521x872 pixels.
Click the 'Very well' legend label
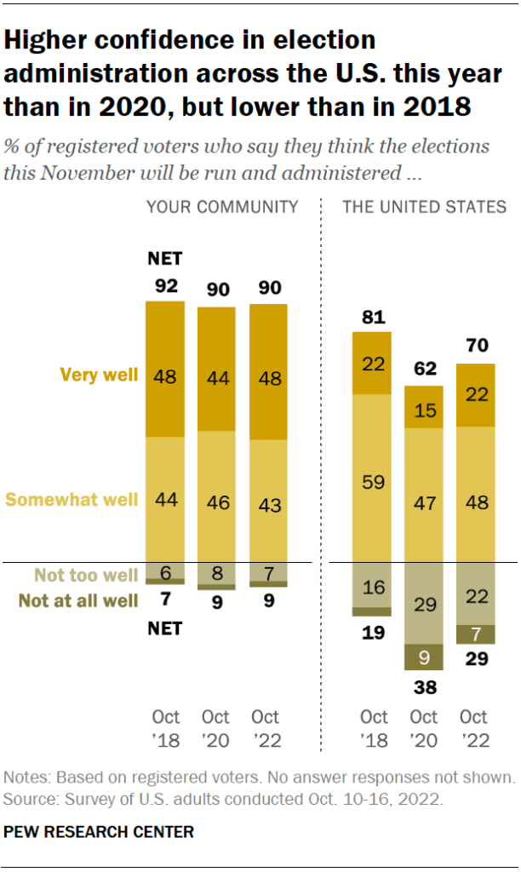pos(99,375)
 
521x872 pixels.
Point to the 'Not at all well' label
pos(78,601)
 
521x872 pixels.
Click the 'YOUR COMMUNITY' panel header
pos(222,207)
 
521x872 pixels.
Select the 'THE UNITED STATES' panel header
pos(423,207)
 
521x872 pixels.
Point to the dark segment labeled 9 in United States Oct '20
pos(423,657)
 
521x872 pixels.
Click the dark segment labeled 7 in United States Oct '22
pos(475,634)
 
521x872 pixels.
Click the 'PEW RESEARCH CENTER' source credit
pos(100,831)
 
